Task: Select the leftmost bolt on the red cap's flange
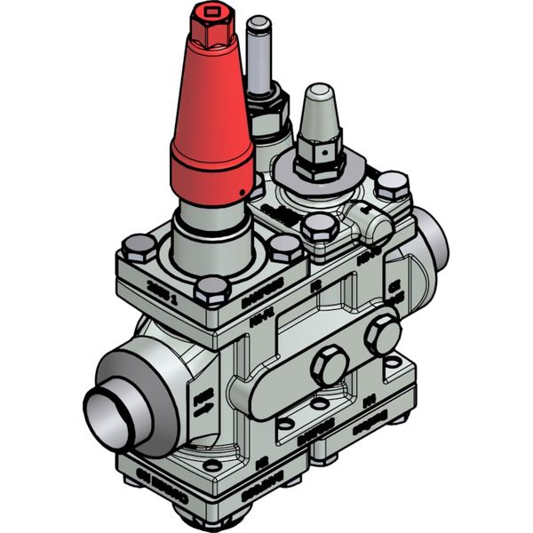click(137, 245)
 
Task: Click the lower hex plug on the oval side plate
click(329, 364)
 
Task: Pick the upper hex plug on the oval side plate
click(382, 333)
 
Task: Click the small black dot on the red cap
click(242, 194)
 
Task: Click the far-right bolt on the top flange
click(389, 186)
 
